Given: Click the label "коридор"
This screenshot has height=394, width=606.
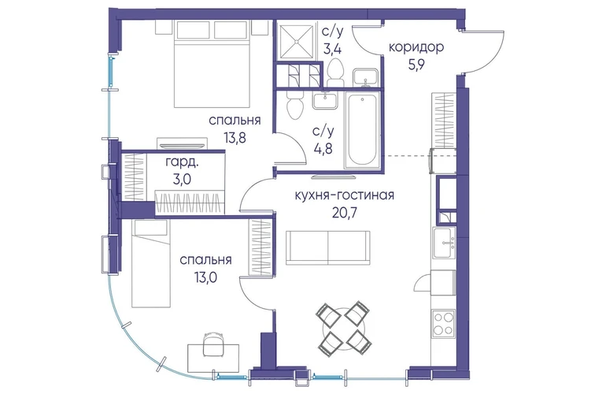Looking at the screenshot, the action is click(x=416, y=47).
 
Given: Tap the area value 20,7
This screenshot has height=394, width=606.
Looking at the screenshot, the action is click(x=345, y=213).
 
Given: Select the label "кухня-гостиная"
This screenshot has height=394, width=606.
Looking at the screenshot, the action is click(x=345, y=195).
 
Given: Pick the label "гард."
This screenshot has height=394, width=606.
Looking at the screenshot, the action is click(x=182, y=162).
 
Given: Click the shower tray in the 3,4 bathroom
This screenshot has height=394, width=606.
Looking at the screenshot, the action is click(x=297, y=43).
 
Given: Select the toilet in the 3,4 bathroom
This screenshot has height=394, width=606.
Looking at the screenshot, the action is click(x=334, y=72).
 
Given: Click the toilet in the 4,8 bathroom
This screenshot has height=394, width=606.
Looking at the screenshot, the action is click(x=295, y=105).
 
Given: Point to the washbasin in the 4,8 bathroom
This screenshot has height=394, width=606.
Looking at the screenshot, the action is click(x=325, y=101).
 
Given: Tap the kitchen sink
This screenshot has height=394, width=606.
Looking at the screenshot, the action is click(x=444, y=243).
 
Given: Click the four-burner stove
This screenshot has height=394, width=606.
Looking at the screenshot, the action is click(x=444, y=323).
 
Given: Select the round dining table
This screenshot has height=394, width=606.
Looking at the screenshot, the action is click(x=344, y=329).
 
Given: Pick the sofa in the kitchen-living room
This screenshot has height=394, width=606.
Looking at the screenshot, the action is click(x=327, y=247).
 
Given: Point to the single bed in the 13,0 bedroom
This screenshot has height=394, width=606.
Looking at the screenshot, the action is click(x=151, y=263).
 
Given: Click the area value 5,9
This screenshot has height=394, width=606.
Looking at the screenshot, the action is click(x=416, y=65).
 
